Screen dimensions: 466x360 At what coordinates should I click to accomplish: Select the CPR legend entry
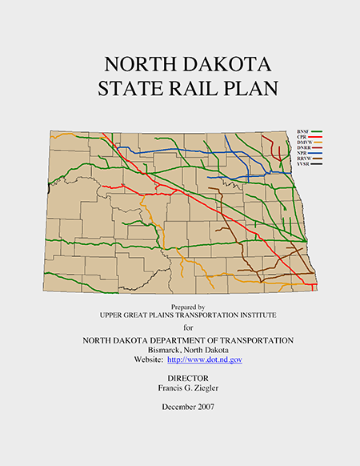301,136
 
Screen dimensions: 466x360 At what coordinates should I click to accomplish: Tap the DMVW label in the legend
303,142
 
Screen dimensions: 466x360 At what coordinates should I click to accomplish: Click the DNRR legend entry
302,147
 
